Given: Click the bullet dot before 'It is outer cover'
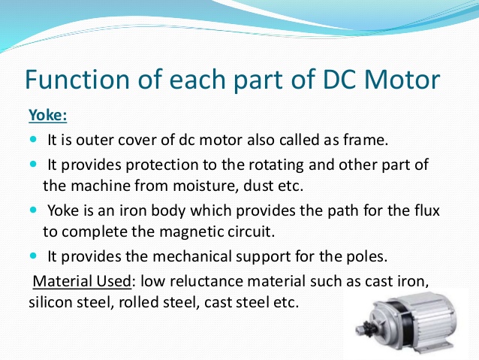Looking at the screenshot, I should click(x=35, y=140).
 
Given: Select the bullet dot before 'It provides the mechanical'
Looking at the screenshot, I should click(x=35, y=256).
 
